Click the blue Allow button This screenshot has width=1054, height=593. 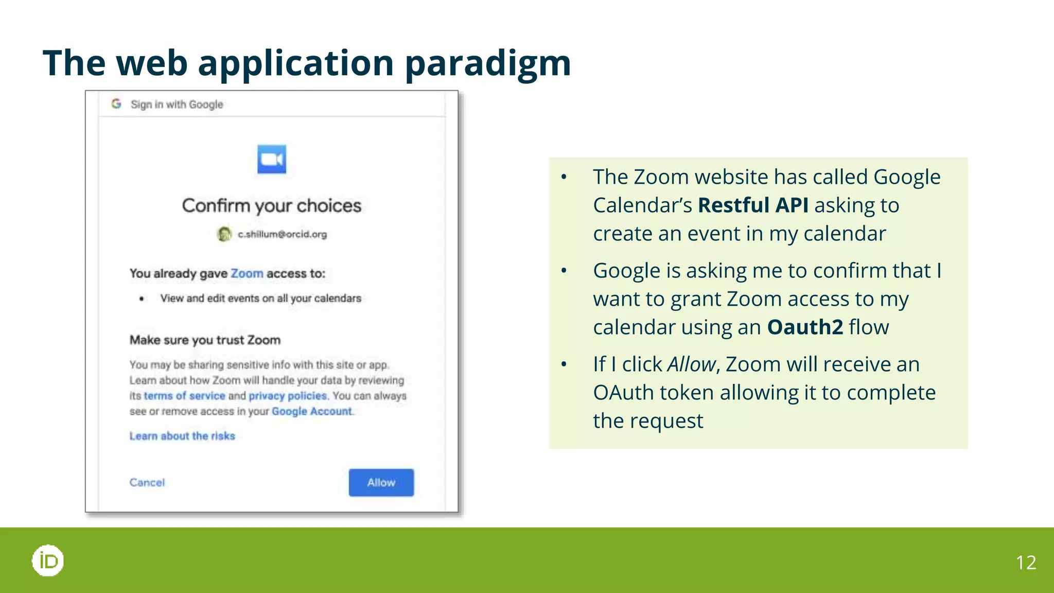click(x=381, y=482)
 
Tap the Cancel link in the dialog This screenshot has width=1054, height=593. click(x=147, y=482)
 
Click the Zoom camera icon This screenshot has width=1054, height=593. click(x=272, y=159)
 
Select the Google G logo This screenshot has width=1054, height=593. click(x=116, y=104)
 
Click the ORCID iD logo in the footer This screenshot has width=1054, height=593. click(x=48, y=561)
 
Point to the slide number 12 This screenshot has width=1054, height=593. click(x=1026, y=563)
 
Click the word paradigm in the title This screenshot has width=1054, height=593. click(x=488, y=63)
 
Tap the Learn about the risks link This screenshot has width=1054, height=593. click(x=182, y=436)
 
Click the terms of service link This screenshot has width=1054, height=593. click(x=184, y=396)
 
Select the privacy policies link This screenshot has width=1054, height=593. click(x=288, y=396)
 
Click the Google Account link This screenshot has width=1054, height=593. click(x=312, y=411)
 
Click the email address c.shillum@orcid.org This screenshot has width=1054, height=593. click(x=282, y=234)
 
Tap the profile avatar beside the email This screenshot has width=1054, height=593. click(x=224, y=234)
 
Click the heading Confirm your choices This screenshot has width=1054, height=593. click(x=272, y=205)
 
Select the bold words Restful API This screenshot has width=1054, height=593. click(x=753, y=205)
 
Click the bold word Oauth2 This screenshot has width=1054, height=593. click(x=805, y=327)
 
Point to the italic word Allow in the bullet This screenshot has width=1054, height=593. click(x=691, y=364)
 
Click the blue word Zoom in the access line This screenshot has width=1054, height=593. click(x=247, y=273)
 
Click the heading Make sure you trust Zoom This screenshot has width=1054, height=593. click(x=205, y=340)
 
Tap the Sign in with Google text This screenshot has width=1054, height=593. click(x=177, y=104)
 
